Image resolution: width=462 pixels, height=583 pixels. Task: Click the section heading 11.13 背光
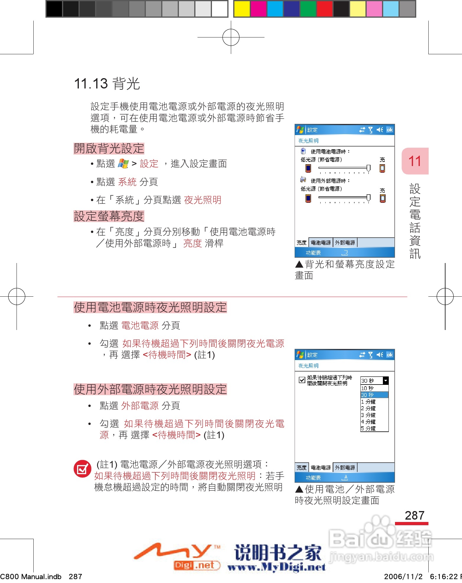coord(107,84)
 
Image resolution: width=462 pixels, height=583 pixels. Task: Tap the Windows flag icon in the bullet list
coord(123,163)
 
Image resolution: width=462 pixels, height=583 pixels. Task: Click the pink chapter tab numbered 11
coord(414,161)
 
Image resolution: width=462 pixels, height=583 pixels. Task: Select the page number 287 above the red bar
coord(414,515)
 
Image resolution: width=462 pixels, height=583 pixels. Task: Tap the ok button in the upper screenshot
coord(390,130)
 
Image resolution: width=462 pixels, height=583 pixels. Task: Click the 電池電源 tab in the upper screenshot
coord(321,243)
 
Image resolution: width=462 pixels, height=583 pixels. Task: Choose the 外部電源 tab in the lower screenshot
coord(345,468)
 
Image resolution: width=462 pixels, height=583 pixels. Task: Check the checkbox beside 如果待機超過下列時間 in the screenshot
coord(302,380)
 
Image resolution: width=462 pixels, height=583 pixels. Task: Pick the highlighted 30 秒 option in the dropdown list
coord(374,395)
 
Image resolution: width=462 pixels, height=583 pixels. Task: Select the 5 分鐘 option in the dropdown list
coord(374,428)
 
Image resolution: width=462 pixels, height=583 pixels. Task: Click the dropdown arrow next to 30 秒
coord(386,381)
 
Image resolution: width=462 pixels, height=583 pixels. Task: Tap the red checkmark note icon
coord(82,469)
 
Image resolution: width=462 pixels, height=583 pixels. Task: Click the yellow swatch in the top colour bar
coord(242,9)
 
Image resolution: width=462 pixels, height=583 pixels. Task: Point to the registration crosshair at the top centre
coord(231,37)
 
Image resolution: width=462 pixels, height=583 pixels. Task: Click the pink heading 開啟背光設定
coord(109,148)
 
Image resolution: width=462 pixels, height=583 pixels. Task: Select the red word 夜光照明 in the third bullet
coord(203,200)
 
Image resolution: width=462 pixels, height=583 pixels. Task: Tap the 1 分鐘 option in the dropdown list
coord(374,402)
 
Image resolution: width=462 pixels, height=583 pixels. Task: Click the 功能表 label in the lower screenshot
coord(313,478)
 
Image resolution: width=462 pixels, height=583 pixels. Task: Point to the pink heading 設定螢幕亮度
coord(109,216)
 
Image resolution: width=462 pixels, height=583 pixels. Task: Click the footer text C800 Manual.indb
coord(31,577)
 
